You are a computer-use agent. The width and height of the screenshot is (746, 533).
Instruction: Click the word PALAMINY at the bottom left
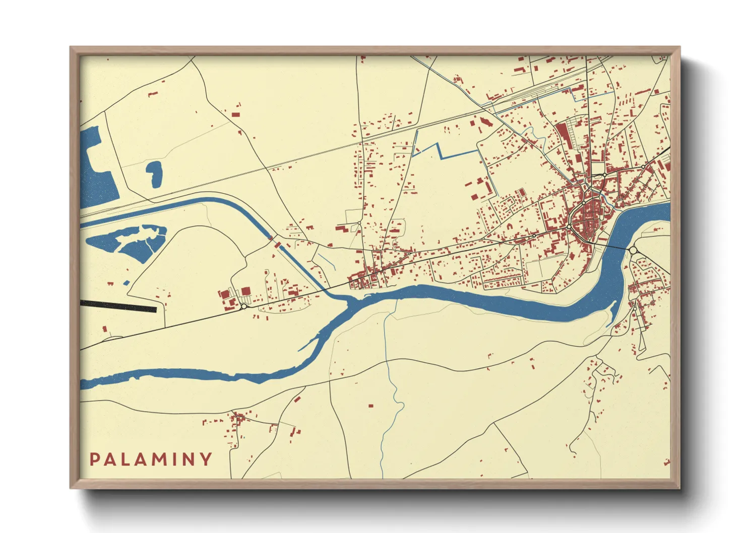151,459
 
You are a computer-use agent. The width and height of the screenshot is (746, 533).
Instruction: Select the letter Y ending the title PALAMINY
206,459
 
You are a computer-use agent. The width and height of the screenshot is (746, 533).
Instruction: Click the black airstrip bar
118,306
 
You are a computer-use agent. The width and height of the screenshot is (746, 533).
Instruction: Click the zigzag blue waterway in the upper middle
444,152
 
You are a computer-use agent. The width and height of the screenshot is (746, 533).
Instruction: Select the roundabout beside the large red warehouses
244,306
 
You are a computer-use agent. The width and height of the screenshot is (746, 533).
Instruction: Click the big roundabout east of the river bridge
633,250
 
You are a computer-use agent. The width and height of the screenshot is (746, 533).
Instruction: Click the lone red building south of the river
371,406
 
